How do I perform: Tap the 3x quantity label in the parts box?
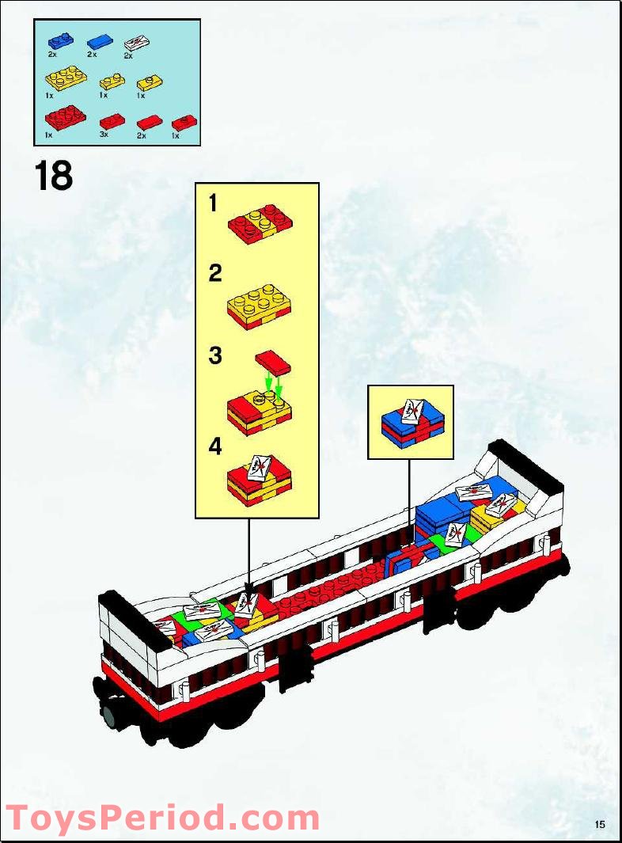tap(104, 136)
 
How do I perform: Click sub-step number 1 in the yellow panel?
tap(213, 203)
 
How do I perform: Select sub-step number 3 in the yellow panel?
tap(214, 355)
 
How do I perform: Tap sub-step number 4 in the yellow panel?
tap(214, 446)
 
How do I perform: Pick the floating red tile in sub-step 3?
tap(273, 363)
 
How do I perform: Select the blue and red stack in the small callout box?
tap(411, 423)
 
